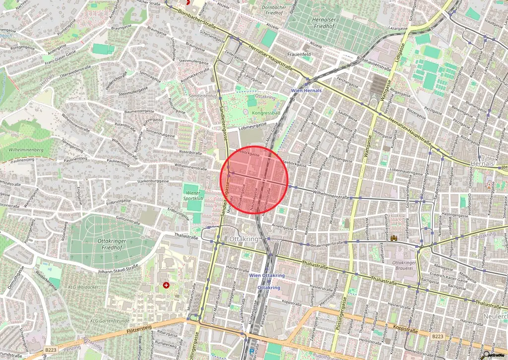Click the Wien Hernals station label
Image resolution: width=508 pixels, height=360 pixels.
(x=306, y=91)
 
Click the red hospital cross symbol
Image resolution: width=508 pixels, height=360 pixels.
(x=166, y=285)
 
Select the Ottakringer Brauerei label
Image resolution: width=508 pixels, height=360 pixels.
(x=403, y=266)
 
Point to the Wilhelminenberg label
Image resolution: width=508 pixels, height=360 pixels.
(x=26, y=149)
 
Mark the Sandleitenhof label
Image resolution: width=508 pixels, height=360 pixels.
(x=203, y=96)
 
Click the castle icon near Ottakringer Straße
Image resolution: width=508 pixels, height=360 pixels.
(x=394, y=238)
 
